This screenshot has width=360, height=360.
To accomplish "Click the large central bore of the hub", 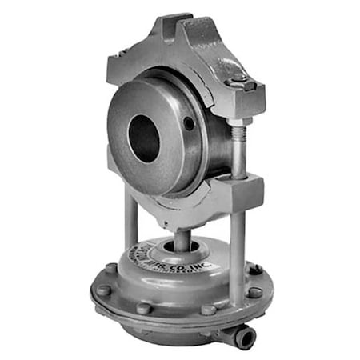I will pyautogui.click(x=144, y=135).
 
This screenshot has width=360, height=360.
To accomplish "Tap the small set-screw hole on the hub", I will pyautogui.click(x=188, y=123).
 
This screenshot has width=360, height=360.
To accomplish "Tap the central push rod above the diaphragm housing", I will pyautogui.click(x=182, y=239).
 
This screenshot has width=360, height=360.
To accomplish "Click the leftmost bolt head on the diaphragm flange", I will pyautogui.click(x=105, y=290).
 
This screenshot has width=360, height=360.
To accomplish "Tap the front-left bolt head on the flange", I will pyautogui.click(x=143, y=308).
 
